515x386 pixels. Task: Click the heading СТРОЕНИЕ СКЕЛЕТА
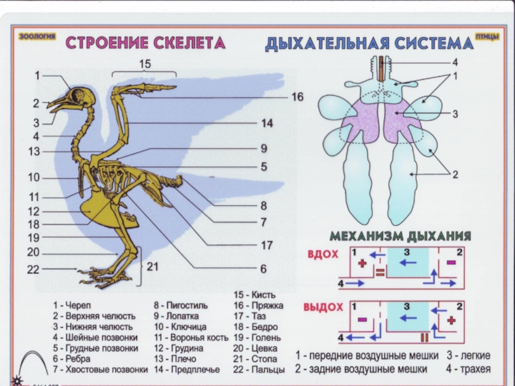[146, 44]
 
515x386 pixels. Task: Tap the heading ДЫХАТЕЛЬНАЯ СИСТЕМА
[369, 44]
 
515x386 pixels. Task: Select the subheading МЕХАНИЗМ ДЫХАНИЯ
[400, 235]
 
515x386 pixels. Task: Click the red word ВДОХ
[323, 255]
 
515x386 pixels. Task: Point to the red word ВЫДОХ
[323, 307]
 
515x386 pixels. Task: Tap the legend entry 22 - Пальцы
[259, 369]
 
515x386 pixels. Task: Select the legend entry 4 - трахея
[468, 369]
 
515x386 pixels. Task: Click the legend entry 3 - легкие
[469, 355]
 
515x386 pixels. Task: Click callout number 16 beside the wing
[296, 96]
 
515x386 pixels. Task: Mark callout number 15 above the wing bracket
[145, 64]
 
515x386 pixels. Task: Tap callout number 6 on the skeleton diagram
[263, 268]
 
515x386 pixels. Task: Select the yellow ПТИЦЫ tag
[487, 36]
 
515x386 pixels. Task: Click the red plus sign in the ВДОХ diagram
[362, 263]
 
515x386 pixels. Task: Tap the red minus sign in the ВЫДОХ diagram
[362, 319]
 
